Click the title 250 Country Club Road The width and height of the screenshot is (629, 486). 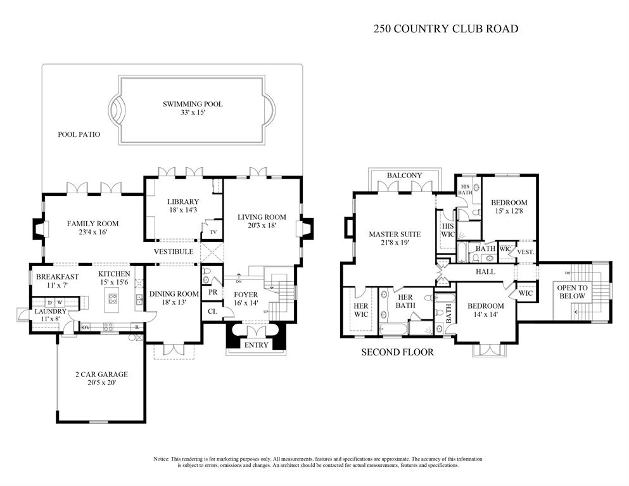(446, 28)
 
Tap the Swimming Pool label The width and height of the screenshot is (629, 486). (193, 104)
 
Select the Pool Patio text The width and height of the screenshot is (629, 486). (79, 134)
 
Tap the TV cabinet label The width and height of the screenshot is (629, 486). (213, 233)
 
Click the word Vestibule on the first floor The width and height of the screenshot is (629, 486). (173, 252)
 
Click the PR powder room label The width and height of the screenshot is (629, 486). (213, 293)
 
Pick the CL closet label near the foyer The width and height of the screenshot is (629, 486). (213, 311)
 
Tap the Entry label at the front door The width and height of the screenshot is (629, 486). (256, 345)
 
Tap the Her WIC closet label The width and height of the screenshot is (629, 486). (360, 310)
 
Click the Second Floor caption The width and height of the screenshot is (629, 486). (397, 352)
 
